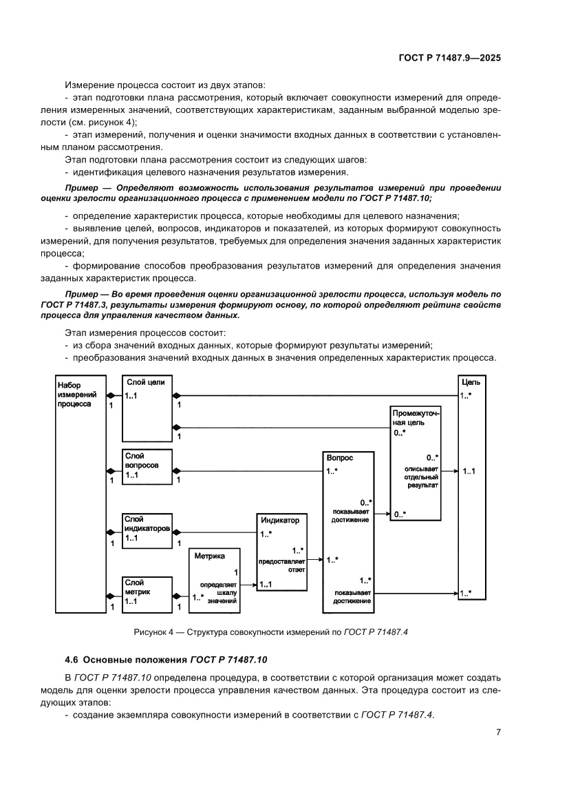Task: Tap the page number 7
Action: click(497, 732)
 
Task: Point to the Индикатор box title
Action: click(280, 521)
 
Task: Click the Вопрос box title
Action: click(341, 457)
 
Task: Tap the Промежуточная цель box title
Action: click(416, 417)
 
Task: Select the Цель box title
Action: click(471, 381)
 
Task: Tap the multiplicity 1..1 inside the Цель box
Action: click(471, 471)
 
